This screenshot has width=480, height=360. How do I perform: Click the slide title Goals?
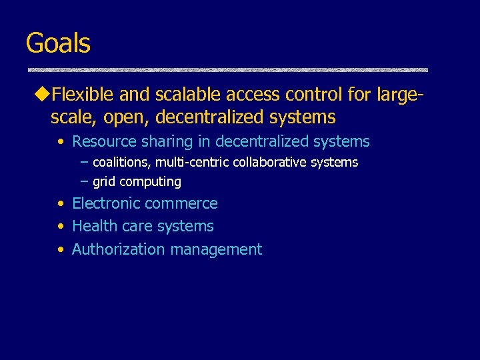(58, 43)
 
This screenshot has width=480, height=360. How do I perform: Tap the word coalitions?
(121, 162)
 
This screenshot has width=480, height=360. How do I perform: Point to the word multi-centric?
(192, 162)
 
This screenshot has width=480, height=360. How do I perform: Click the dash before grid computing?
(84, 181)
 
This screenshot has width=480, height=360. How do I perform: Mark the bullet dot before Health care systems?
(61, 227)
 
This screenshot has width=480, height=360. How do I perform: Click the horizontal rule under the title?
(227, 70)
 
